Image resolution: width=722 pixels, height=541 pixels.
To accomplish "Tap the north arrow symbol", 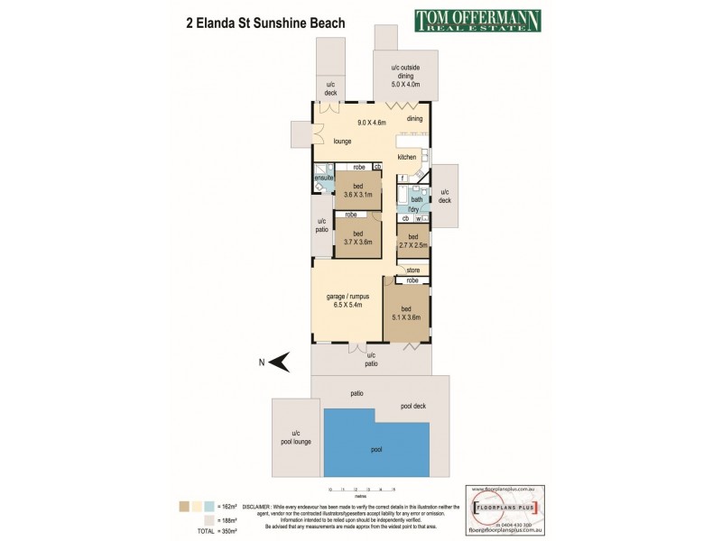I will (x=280, y=362).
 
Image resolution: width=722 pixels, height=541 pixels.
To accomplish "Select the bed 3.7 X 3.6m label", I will (x=358, y=237).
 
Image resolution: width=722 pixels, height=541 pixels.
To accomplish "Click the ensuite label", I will (x=324, y=178).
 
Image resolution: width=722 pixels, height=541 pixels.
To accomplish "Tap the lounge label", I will (x=341, y=142).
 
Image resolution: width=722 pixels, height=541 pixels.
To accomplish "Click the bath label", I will (x=416, y=199).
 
